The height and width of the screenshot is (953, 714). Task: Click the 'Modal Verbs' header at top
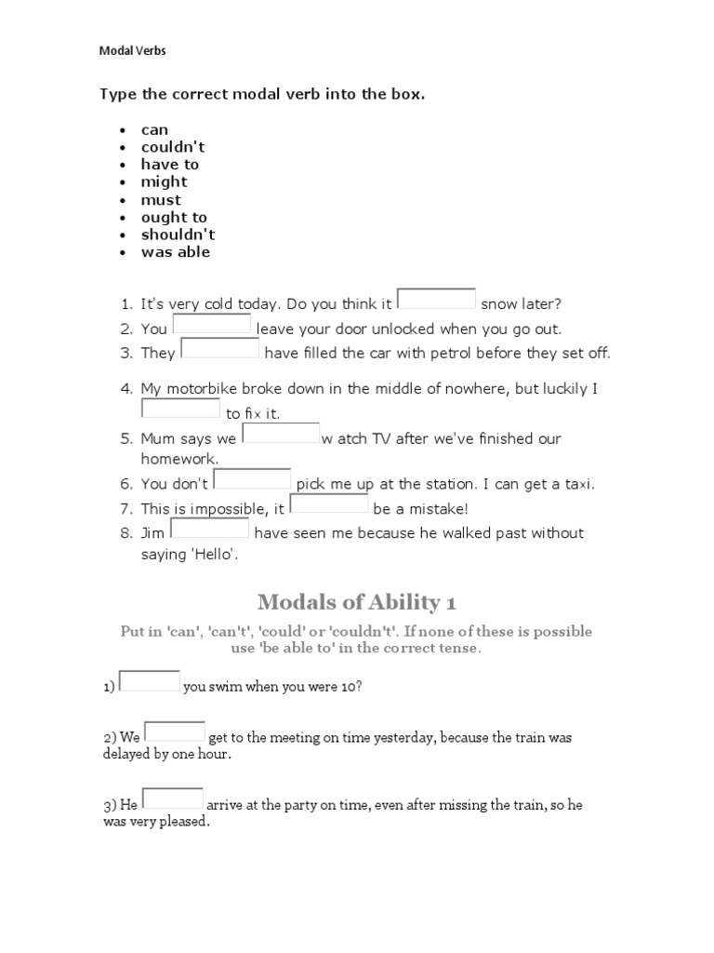click(x=132, y=51)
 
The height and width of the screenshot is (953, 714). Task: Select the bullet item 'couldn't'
click(x=173, y=147)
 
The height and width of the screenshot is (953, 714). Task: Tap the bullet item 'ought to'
click(x=174, y=217)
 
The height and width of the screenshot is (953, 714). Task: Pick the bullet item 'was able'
click(x=176, y=251)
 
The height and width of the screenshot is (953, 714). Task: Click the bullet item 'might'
click(x=164, y=181)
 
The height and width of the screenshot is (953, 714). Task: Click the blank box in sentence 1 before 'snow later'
click(x=436, y=299)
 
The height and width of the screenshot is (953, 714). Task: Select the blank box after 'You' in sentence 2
click(x=212, y=325)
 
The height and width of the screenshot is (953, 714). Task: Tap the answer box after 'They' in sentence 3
click(x=219, y=349)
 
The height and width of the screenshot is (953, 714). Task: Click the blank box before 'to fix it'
click(x=180, y=409)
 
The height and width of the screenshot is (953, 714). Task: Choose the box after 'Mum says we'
click(x=281, y=434)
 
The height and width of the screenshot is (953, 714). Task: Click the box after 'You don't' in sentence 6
click(x=252, y=479)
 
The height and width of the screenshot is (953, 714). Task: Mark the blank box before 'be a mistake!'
click(x=329, y=504)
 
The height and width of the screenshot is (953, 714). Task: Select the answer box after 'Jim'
click(x=210, y=530)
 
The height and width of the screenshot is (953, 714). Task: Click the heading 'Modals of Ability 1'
click(x=356, y=601)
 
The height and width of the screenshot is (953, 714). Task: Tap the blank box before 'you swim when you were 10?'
click(x=150, y=681)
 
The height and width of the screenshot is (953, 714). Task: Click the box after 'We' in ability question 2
click(x=175, y=732)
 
